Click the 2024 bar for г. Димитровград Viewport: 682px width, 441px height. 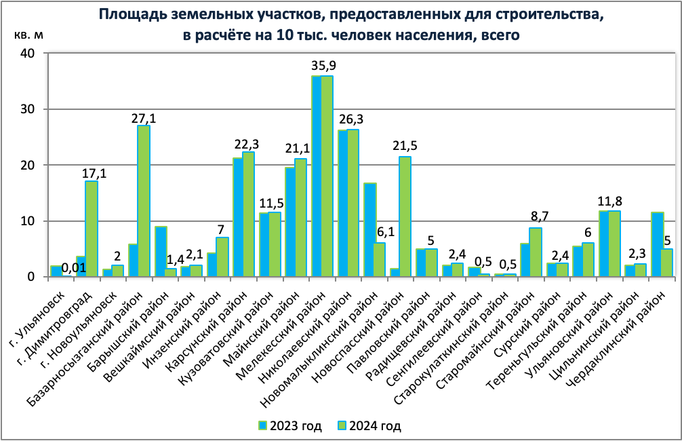91,229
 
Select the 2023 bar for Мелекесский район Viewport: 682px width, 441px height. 316,176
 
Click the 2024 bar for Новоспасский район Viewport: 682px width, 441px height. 405,216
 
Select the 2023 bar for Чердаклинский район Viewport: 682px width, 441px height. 656,244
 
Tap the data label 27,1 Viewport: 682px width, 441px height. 143,117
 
